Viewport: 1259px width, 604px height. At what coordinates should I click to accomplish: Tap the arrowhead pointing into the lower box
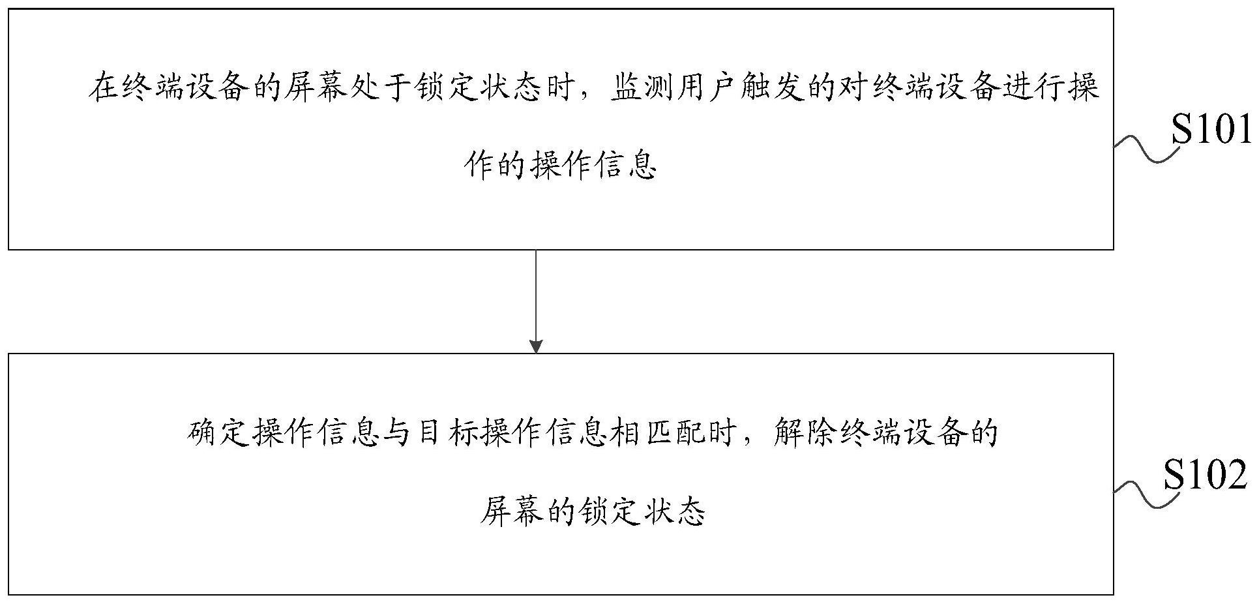(x=536, y=346)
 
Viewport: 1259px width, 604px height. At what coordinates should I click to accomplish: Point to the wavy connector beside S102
(x=1147, y=494)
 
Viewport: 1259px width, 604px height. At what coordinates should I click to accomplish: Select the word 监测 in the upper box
(x=642, y=87)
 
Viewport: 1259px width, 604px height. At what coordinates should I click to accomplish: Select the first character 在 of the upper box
(x=104, y=87)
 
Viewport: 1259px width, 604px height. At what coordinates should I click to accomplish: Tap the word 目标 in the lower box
(x=445, y=433)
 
